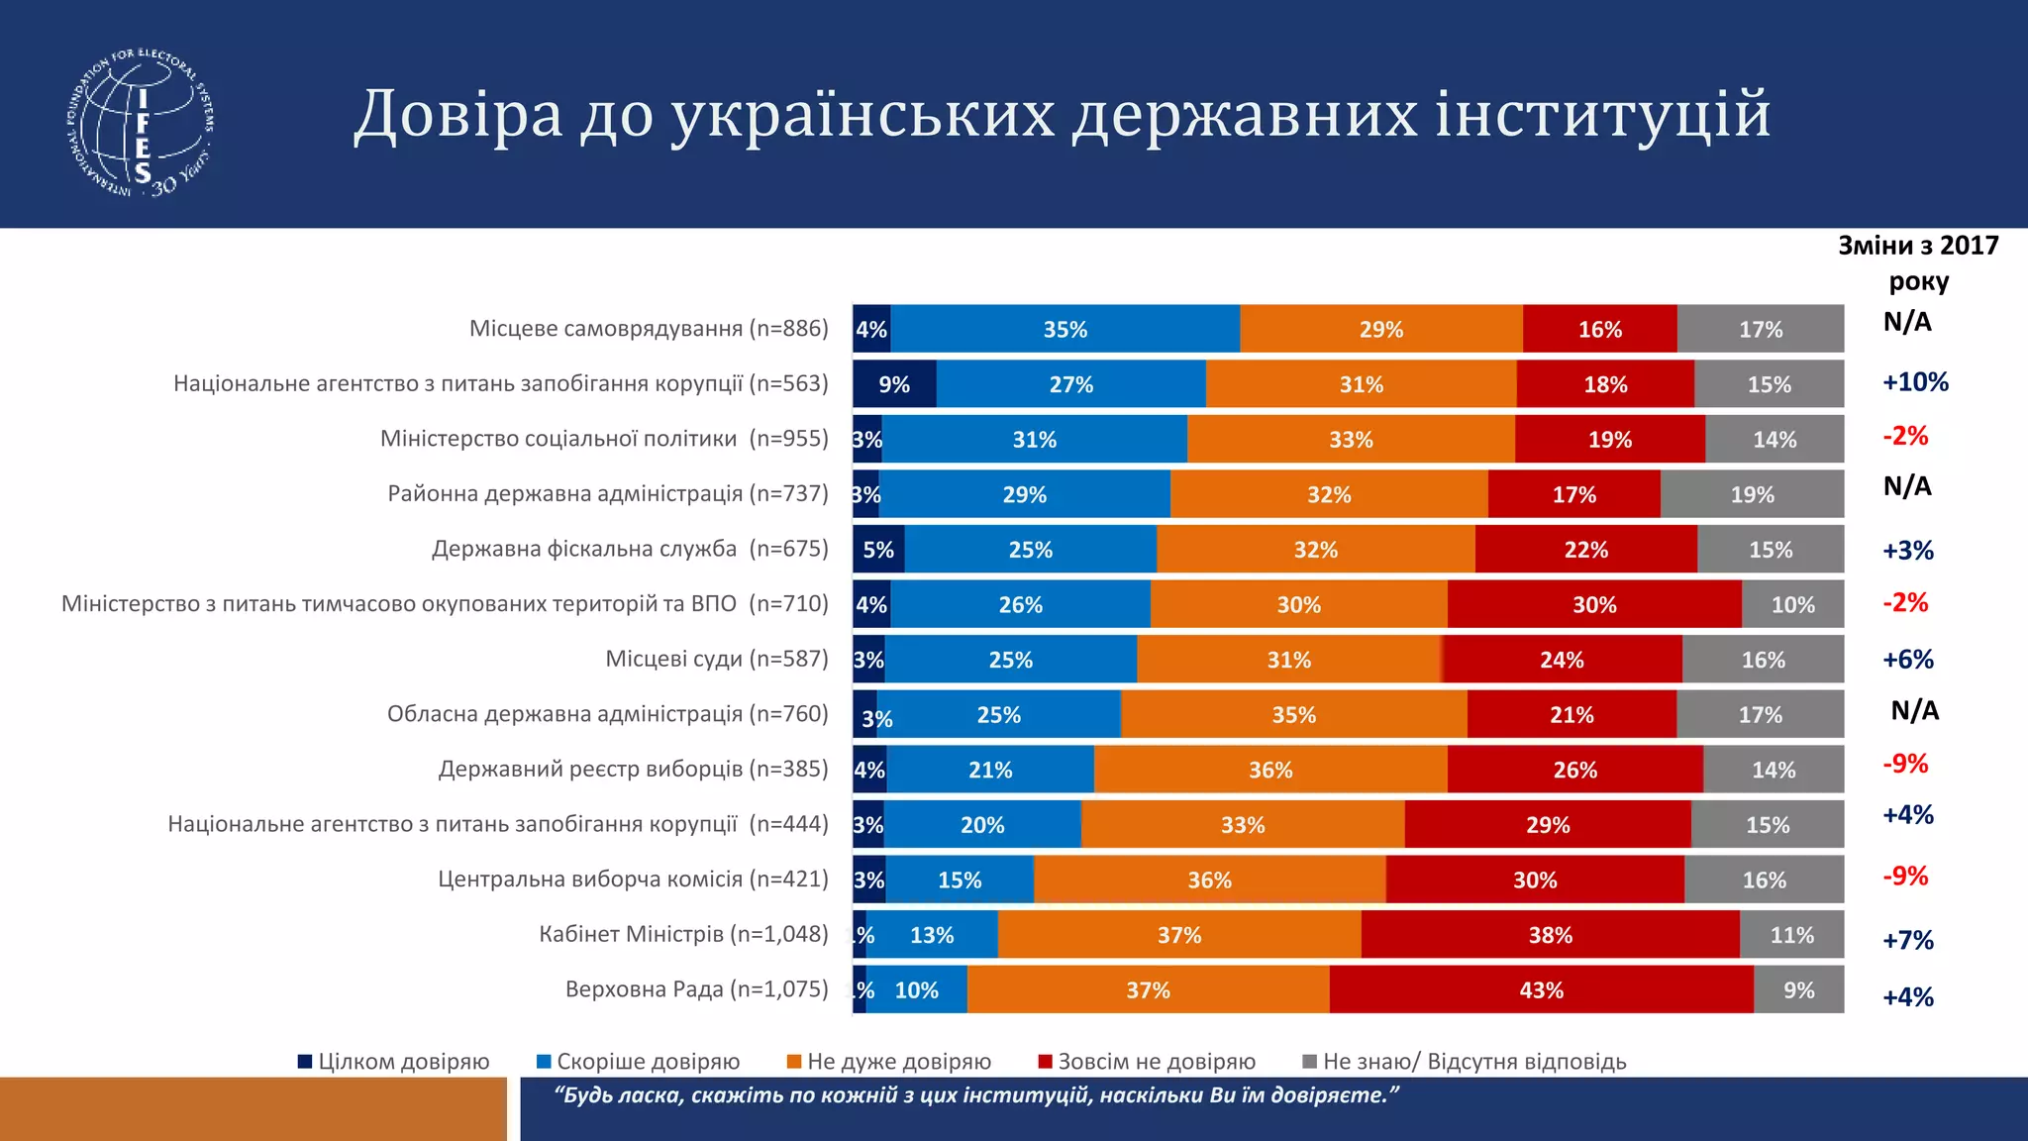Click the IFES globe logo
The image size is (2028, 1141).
click(142, 122)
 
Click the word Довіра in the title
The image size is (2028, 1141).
click(457, 114)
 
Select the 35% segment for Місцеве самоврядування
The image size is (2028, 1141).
click(1065, 330)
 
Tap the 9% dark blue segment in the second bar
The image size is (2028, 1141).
click(894, 384)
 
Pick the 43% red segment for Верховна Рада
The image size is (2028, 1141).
click(1541, 990)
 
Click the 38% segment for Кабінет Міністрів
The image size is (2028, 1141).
click(1550, 935)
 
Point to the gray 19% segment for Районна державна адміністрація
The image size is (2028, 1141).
click(1752, 494)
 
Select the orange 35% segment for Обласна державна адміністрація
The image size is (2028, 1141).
click(1293, 715)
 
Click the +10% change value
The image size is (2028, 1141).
click(1915, 382)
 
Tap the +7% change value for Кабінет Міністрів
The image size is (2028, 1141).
click(1907, 940)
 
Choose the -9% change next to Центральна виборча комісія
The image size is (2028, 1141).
click(1905, 877)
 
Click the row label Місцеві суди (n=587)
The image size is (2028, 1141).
click(716, 659)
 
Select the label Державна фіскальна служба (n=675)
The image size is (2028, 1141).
click(629, 549)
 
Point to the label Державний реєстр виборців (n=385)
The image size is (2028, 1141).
click(633, 769)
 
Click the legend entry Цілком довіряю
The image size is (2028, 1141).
click(394, 1062)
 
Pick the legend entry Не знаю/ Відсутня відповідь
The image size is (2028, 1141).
click(1465, 1062)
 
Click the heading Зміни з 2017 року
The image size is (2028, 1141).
click(1918, 262)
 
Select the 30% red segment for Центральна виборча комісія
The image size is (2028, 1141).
click(1534, 881)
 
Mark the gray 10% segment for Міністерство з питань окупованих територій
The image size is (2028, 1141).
click(1792, 605)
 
